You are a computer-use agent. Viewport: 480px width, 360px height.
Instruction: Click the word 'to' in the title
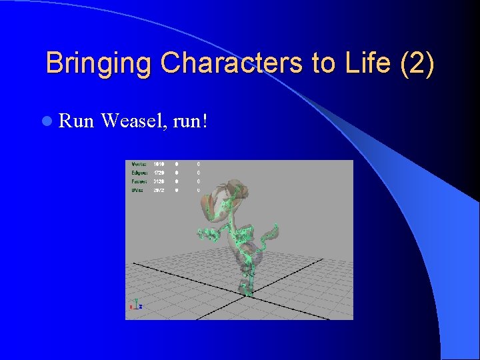[x=321, y=64]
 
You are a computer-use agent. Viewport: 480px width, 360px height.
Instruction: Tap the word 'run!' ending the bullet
[x=191, y=121]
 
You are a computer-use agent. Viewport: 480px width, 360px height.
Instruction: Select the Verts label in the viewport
[x=139, y=164]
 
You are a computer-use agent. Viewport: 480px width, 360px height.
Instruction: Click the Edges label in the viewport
[x=139, y=173]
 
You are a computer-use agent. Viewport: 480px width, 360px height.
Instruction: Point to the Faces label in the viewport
[x=139, y=181]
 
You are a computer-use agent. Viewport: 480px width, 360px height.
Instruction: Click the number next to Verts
[x=159, y=164]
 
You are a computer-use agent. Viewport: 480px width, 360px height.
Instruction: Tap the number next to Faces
[x=159, y=181]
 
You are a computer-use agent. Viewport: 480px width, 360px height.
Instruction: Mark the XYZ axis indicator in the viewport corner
[x=135, y=304]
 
